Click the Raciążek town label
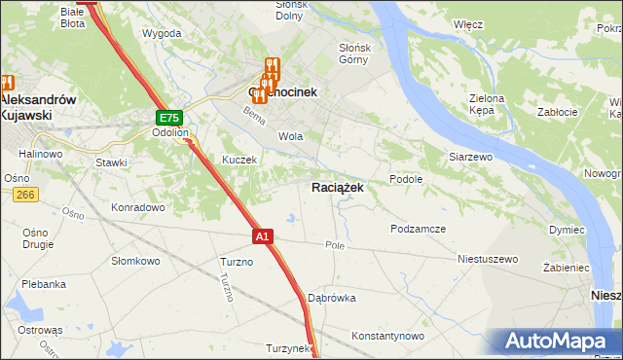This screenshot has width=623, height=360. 338,188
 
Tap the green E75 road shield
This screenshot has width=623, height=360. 167,118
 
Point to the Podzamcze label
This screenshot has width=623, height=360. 418,229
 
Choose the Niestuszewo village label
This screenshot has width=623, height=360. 488,260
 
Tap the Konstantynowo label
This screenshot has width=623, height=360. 388,336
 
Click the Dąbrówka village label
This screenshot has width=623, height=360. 332,298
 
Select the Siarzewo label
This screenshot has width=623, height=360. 470,156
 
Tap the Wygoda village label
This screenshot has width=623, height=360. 162,33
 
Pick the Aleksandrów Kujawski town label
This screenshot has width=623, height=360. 38,107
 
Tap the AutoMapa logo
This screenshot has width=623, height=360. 564,342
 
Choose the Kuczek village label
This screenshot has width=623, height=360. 238,160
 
